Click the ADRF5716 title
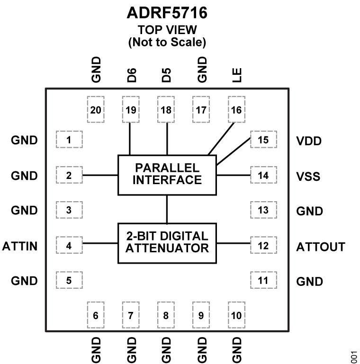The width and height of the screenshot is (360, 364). [167, 13]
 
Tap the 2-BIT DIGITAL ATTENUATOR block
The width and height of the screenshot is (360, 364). [167, 242]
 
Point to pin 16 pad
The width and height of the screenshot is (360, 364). [236, 110]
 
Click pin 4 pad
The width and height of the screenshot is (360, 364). [69, 246]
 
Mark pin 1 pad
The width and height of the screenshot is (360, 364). [69, 140]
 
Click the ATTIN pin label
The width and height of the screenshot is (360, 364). [20, 246]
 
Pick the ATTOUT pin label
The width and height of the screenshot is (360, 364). [321, 247]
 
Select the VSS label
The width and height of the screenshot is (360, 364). [308, 177]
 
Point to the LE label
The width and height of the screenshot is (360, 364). [236, 75]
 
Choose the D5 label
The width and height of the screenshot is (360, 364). [166, 75]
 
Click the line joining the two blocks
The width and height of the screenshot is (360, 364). [167, 209]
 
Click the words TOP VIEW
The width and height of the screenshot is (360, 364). [167, 30]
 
